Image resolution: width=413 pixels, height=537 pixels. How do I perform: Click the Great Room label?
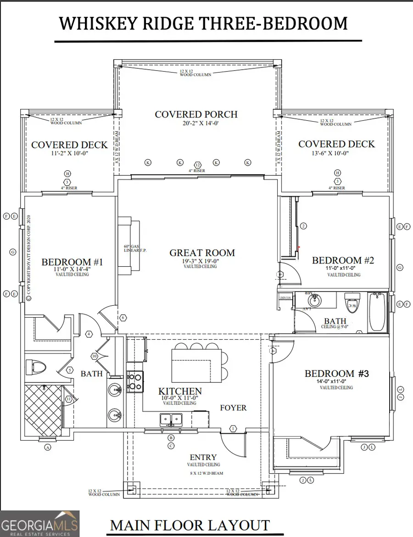click(202, 252)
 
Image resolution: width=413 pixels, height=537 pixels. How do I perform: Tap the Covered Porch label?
click(196, 114)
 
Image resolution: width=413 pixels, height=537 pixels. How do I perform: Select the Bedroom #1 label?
click(72, 262)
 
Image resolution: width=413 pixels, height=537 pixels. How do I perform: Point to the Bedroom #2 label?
click(343, 260)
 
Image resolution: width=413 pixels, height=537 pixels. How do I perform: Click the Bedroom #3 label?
click(336, 374)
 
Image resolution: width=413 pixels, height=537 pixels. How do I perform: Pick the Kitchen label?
click(180, 391)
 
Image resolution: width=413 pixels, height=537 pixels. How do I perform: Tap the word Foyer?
click(233, 408)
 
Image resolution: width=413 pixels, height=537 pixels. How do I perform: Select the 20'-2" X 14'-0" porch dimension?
click(196, 123)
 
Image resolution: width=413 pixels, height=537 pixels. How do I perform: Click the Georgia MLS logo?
click(39, 524)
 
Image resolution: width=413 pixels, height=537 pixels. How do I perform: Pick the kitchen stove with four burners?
click(135, 382)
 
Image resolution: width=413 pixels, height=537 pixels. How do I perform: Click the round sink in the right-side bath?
click(314, 301)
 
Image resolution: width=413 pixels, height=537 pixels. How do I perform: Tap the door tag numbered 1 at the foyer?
click(233, 429)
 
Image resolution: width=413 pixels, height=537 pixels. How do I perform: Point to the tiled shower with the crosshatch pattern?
click(42, 406)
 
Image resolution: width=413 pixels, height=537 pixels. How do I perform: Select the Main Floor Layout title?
click(190, 525)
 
